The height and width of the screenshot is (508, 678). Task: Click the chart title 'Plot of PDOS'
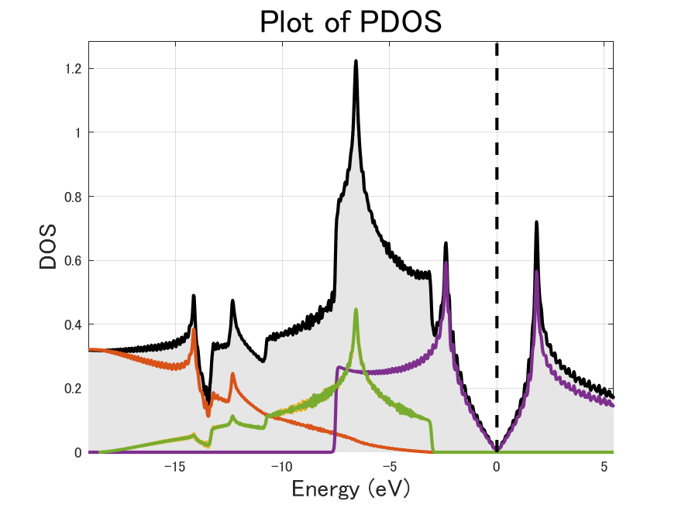[x=350, y=22]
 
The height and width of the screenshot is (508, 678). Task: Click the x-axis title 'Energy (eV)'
[x=350, y=489]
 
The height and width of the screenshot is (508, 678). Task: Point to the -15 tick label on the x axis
[x=174, y=468]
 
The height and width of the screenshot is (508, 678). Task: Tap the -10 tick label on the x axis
[x=281, y=468]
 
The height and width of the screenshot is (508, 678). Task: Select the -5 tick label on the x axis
[x=389, y=468]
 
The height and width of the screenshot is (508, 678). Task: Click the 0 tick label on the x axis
[x=497, y=468]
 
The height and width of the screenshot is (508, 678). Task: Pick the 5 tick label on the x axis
[x=604, y=468]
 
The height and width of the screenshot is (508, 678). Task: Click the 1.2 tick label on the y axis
[x=74, y=69]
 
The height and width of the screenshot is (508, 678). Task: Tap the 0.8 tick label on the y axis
[x=74, y=197]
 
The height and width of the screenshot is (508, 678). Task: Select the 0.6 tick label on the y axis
[x=74, y=260]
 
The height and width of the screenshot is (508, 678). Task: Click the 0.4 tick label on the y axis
[x=74, y=324]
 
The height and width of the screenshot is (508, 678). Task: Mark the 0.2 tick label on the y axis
[x=74, y=388]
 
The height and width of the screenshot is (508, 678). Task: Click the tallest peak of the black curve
[x=356, y=61]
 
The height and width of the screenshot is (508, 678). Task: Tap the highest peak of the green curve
[x=356, y=311]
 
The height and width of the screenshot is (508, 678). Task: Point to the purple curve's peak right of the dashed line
[x=536, y=272]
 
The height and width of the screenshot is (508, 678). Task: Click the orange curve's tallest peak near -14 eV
[x=194, y=329]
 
